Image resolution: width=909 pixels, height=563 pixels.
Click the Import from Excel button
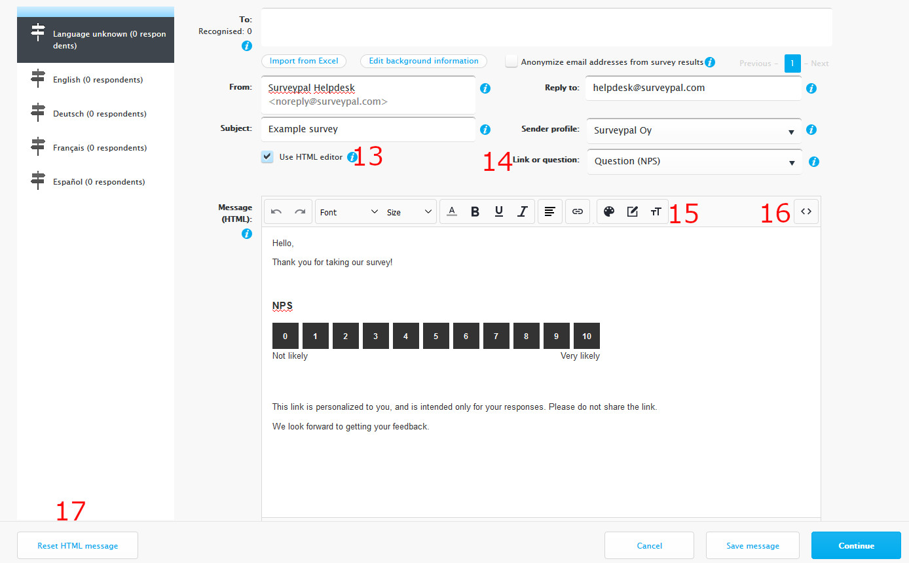click(x=303, y=61)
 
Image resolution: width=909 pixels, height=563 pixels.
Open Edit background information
click(x=423, y=61)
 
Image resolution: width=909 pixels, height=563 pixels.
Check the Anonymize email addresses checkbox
click(x=511, y=62)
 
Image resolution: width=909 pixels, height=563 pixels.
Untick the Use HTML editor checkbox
click(x=267, y=156)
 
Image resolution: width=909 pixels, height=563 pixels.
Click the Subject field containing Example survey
click(x=368, y=129)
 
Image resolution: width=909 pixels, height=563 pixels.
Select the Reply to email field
click(x=693, y=88)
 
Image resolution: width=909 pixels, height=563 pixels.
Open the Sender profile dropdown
click(x=694, y=131)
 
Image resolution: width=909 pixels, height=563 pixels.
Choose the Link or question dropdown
click(x=694, y=162)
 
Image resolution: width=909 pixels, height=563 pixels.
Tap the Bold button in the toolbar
click(x=475, y=211)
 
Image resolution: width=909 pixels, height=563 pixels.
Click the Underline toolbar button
click(x=499, y=211)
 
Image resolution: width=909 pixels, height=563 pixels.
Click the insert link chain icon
click(x=577, y=211)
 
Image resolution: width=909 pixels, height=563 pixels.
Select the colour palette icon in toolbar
click(x=608, y=211)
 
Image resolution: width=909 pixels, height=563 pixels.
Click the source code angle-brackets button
click(x=806, y=211)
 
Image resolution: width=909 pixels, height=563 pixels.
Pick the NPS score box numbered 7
click(x=496, y=336)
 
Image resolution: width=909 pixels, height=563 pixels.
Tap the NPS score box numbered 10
click(x=586, y=336)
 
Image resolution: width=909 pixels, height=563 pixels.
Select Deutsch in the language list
click(x=100, y=113)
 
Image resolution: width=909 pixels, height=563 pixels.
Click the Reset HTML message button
click(x=77, y=545)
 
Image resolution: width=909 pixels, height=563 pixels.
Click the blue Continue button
click(x=856, y=545)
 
